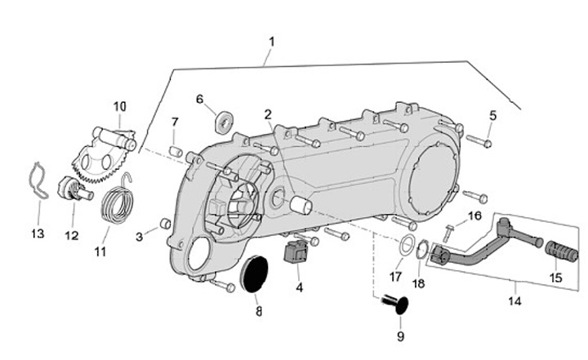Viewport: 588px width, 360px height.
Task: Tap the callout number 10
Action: tap(120, 106)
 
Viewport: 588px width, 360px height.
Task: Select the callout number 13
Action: tap(37, 234)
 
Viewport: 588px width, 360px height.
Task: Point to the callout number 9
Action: tap(400, 336)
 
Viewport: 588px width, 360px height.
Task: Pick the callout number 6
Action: tap(198, 100)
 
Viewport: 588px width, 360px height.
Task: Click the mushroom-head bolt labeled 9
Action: tap(398, 306)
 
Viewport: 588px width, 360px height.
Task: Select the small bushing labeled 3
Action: tap(164, 224)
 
